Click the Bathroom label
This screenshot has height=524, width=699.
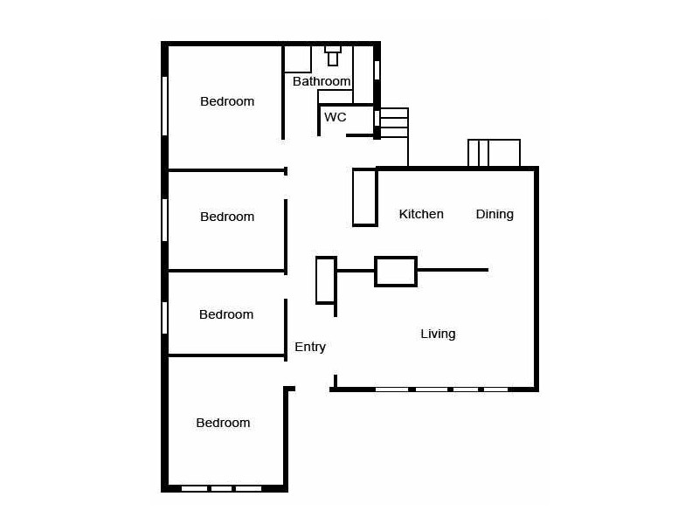[322, 81]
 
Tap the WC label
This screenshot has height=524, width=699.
[335, 116]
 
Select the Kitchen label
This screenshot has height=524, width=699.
[421, 214]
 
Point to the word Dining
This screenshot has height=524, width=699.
[495, 214]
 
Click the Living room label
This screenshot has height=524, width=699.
[438, 334]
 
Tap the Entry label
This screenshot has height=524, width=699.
[310, 347]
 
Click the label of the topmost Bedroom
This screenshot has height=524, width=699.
[227, 101]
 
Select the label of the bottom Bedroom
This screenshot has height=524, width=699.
[223, 423]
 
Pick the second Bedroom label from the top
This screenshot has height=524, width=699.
[227, 217]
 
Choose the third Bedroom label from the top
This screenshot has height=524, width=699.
[226, 314]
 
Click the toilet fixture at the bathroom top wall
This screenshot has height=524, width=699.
[333, 56]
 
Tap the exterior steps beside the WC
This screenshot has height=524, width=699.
[394, 123]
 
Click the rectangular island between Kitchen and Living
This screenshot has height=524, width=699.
[396, 271]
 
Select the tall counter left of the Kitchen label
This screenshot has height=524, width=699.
[364, 197]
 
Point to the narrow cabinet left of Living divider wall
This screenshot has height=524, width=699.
[326, 279]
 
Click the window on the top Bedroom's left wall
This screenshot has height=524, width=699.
[164, 105]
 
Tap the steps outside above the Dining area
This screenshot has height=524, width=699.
[495, 153]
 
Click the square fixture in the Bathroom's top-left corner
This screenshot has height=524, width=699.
[298, 59]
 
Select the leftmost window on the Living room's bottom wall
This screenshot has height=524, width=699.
[392, 389]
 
